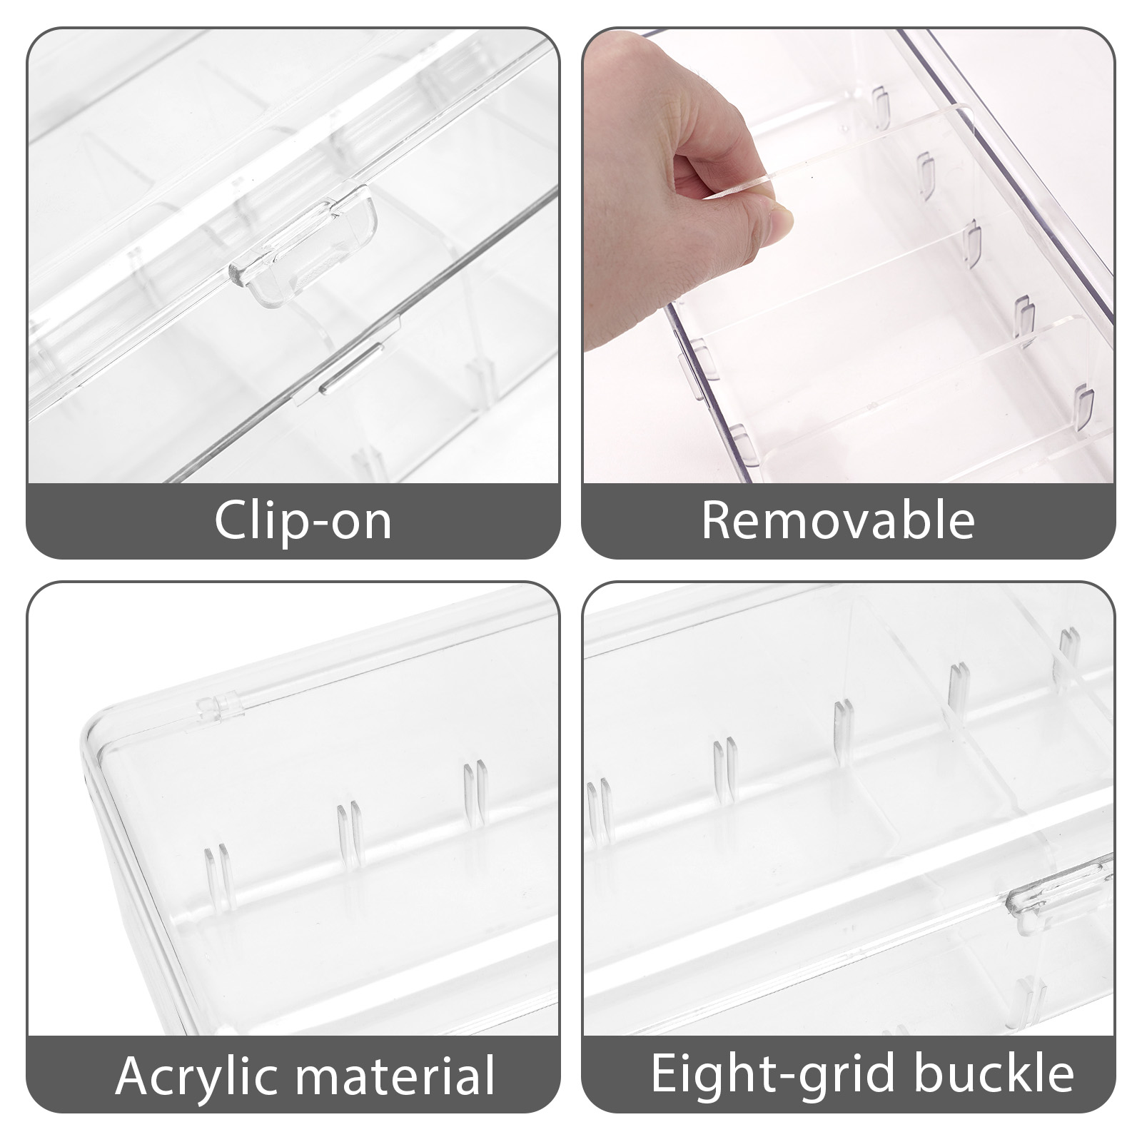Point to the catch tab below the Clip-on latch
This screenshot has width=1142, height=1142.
[350, 368]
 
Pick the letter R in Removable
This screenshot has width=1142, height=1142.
[717, 520]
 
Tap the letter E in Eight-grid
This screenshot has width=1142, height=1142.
[665, 1073]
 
